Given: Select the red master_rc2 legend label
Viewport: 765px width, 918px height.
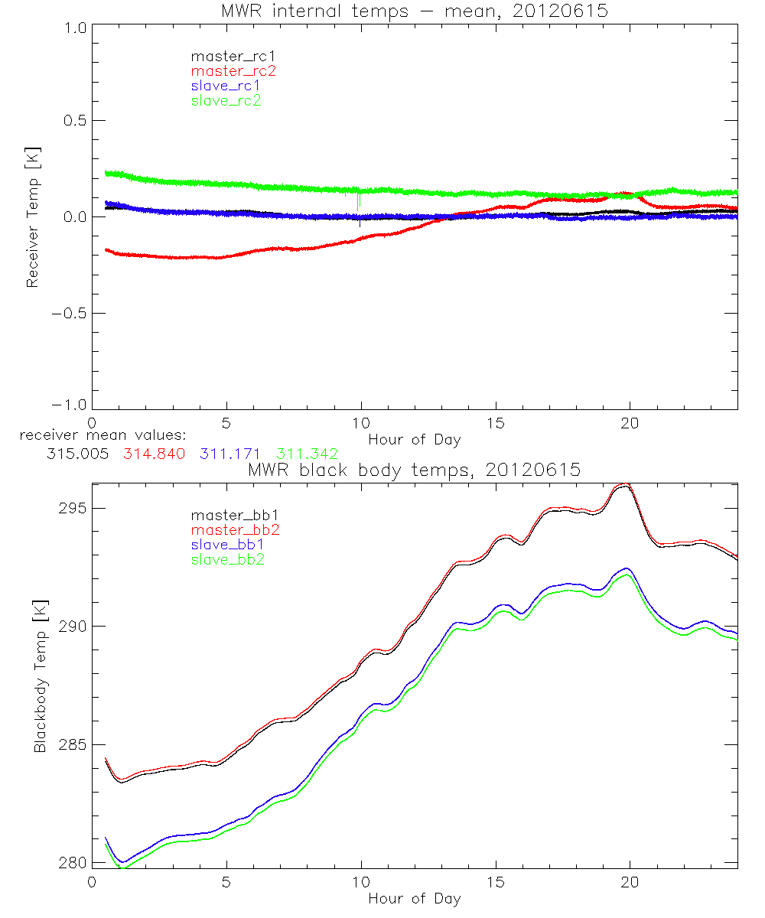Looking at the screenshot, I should tap(233, 71).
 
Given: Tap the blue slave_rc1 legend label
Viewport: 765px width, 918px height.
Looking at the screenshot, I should tap(226, 86).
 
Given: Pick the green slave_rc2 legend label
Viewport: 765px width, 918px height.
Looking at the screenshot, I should tap(226, 100).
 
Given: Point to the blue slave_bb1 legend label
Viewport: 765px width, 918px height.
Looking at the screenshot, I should tap(223, 545).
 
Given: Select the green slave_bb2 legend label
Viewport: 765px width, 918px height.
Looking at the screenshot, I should tap(223, 560).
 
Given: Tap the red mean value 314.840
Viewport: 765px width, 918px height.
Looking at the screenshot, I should tap(153, 454).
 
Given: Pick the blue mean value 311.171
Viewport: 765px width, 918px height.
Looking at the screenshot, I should tap(230, 454).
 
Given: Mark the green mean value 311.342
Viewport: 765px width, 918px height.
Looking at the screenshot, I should tap(308, 454).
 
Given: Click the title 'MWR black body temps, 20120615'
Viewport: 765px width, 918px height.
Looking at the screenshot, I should tap(415, 470).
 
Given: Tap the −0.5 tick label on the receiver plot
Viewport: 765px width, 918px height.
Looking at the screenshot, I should tap(70, 313).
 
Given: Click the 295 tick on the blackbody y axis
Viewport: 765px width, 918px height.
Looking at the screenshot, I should tap(73, 509).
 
